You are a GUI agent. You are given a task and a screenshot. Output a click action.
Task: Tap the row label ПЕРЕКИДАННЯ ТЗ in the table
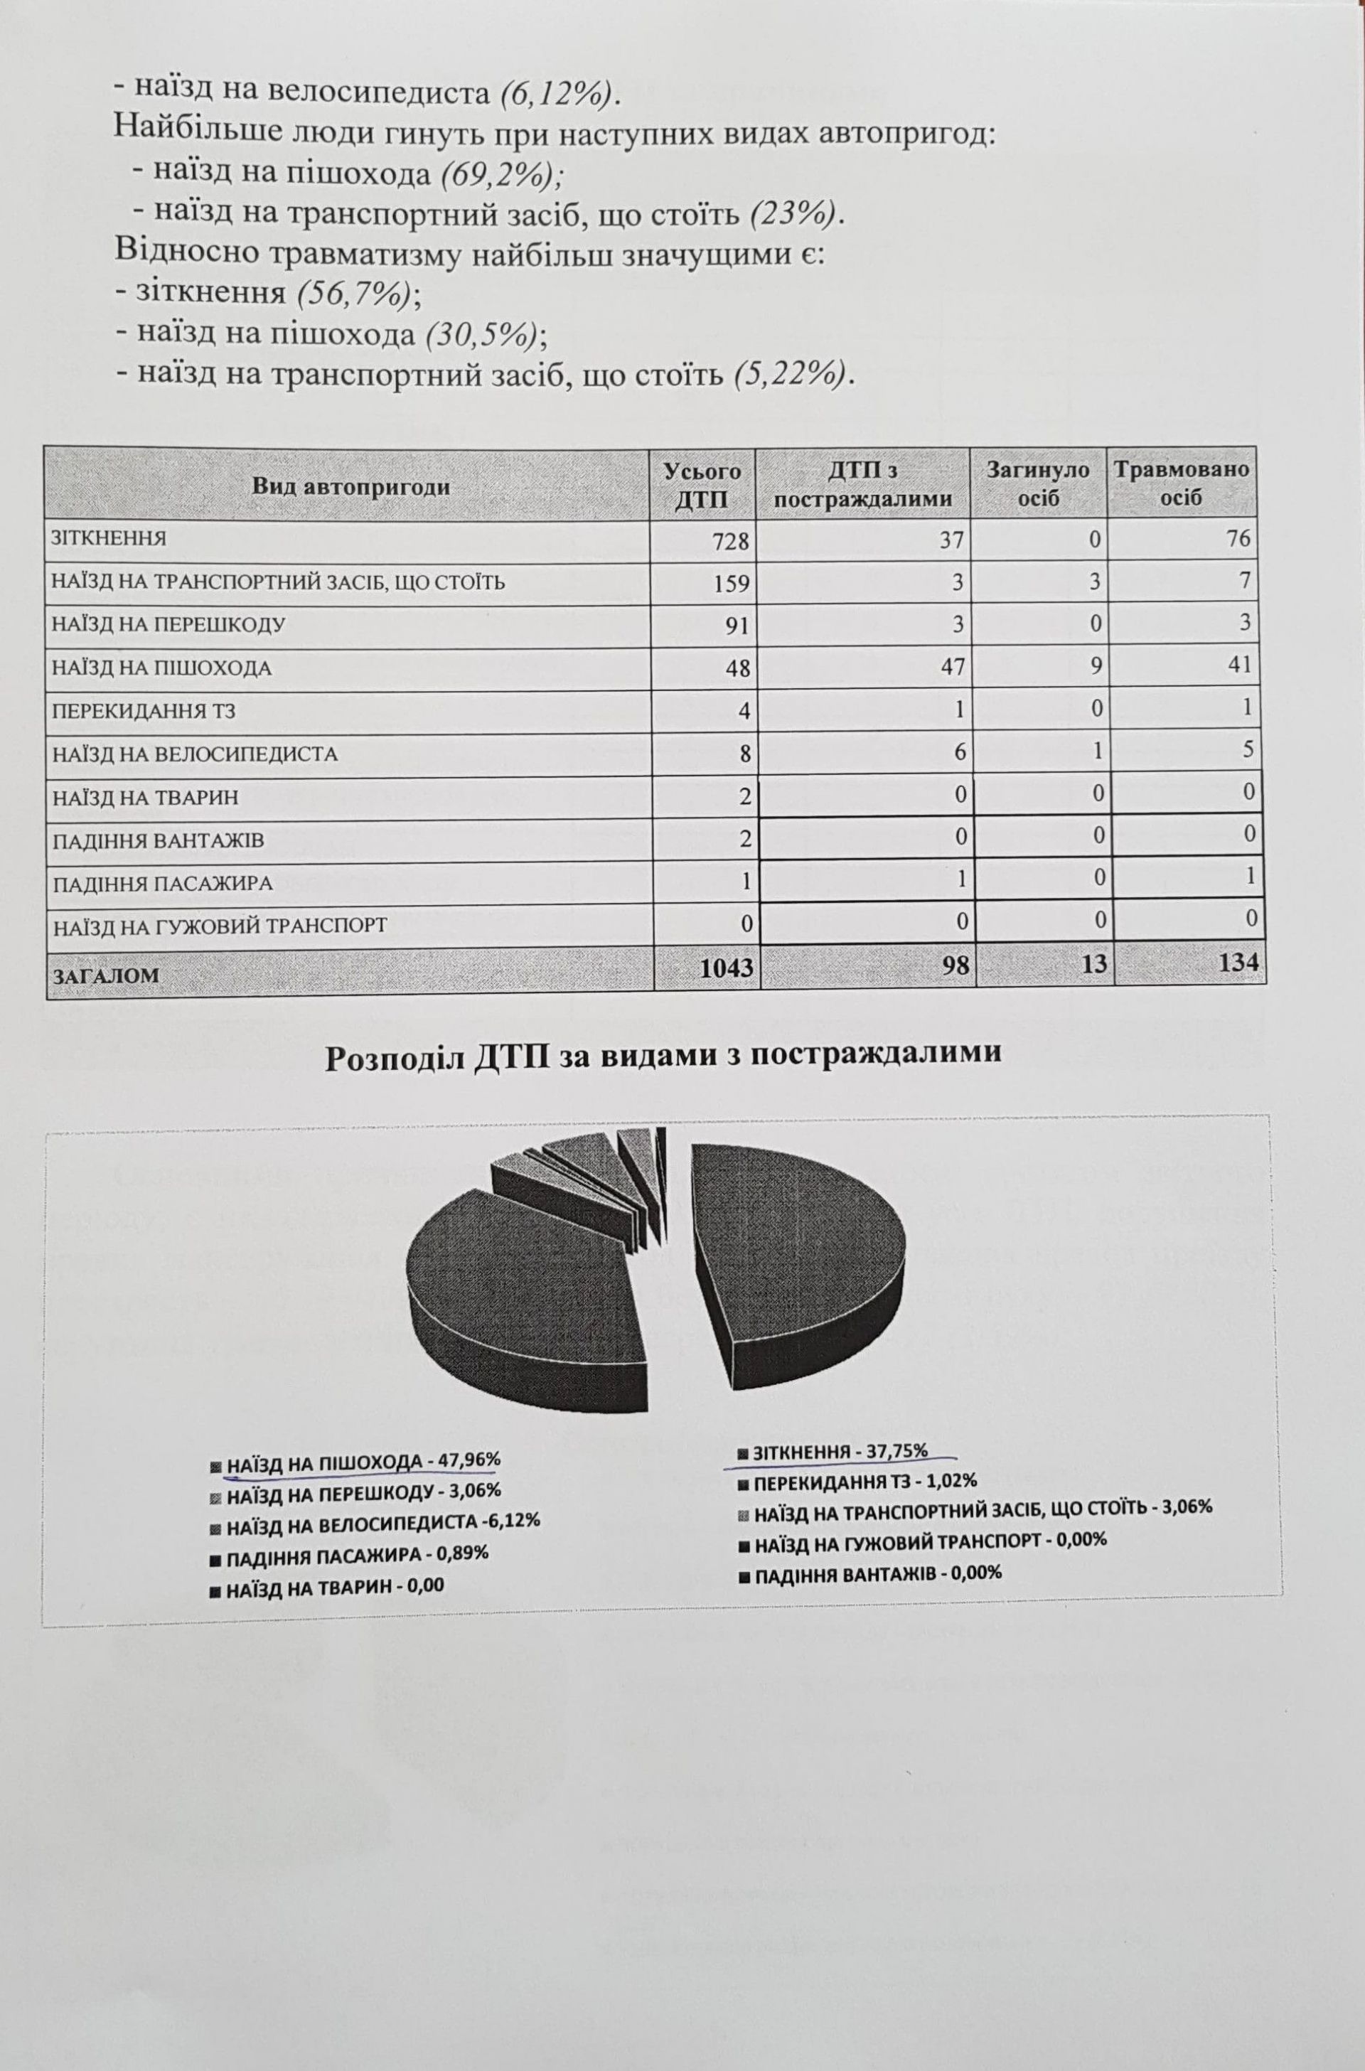click(x=144, y=711)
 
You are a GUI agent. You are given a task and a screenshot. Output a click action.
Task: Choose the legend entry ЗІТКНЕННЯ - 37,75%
click(x=839, y=1451)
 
